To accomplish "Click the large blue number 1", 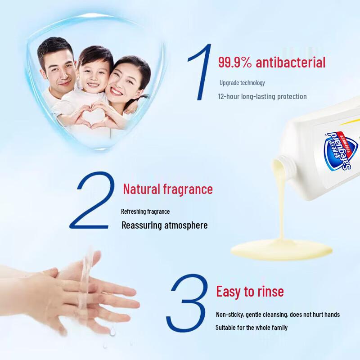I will pyautogui.click(x=199, y=72).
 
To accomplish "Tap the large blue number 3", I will pyautogui.click(x=189, y=304).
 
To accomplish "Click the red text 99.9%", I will pyautogui.click(x=235, y=62).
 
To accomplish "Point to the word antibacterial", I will pyautogui.click(x=290, y=62).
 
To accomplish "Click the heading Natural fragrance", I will pyautogui.click(x=168, y=189).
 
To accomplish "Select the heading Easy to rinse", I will pyautogui.click(x=250, y=291).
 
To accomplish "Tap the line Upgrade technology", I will pyautogui.click(x=242, y=83).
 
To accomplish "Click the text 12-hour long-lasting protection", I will pyautogui.click(x=262, y=96).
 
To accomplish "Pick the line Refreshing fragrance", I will pyautogui.click(x=145, y=211).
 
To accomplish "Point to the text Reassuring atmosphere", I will pyautogui.click(x=165, y=225).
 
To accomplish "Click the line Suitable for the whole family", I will pyautogui.click(x=251, y=328).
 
